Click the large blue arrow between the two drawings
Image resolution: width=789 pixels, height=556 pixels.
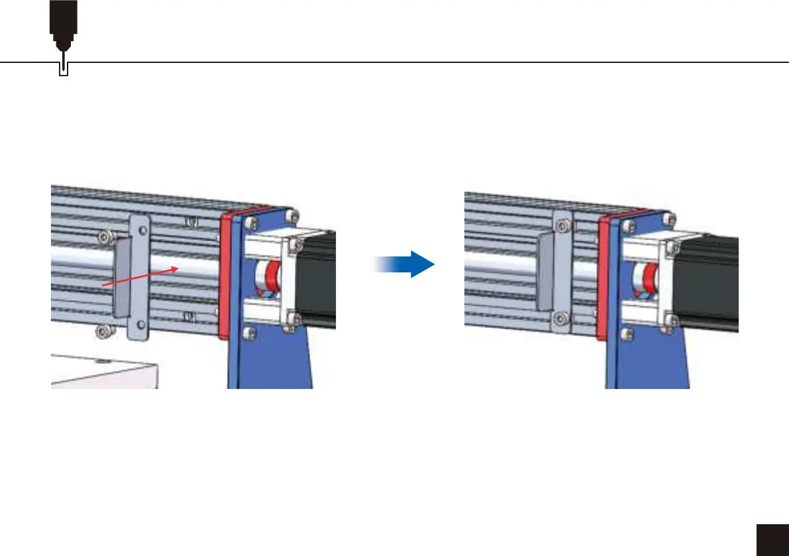pyautogui.click(x=405, y=263)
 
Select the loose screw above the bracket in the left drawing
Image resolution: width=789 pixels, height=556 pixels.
pyautogui.click(x=105, y=236)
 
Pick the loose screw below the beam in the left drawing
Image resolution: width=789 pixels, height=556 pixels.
pyautogui.click(x=103, y=330)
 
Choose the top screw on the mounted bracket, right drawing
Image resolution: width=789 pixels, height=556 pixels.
pyautogui.click(x=562, y=227)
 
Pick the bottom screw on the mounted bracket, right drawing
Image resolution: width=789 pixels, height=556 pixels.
pyautogui.click(x=562, y=320)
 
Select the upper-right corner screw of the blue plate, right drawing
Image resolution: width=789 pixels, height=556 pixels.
pyautogui.click(x=672, y=218)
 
